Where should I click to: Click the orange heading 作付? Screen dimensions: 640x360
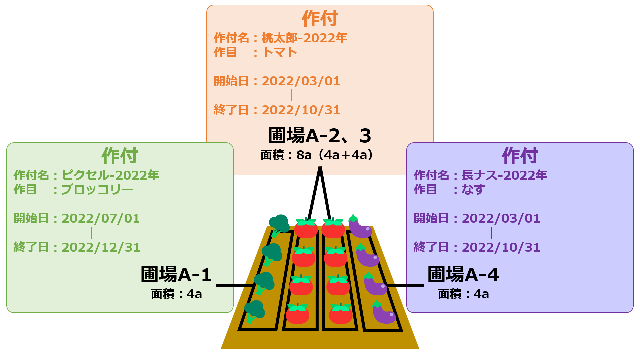[x=320, y=18]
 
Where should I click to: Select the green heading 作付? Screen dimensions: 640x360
[x=120, y=156]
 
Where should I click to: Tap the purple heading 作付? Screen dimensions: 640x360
[x=520, y=156]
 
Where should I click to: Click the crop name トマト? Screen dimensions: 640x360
[x=279, y=52]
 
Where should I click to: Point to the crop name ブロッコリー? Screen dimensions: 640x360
[x=97, y=190]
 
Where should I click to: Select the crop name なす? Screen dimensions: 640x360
[x=473, y=190]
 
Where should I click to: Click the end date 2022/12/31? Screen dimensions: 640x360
[x=101, y=247]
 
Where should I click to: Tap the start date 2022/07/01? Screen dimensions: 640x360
[x=101, y=218]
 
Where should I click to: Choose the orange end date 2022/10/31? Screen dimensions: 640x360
[x=301, y=110]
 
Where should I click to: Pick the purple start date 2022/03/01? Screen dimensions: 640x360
[x=501, y=218]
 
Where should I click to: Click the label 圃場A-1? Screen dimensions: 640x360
[x=176, y=275]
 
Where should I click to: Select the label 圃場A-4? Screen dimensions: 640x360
[x=463, y=275]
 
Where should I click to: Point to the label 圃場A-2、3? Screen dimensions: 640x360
[x=320, y=136]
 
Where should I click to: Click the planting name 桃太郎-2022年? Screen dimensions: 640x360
[x=304, y=38]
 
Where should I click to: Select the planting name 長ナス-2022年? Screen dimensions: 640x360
[x=504, y=175]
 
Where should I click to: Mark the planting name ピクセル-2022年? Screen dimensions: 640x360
[x=110, y=175]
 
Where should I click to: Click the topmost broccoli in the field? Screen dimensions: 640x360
[x=279, y=225]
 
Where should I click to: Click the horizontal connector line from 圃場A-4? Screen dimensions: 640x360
[x=406, y=285]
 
